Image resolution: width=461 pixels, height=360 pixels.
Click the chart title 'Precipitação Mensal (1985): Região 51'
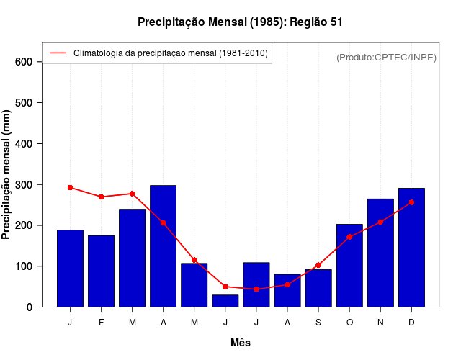coord(241,22)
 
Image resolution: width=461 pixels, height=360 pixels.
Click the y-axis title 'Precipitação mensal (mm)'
coord(7,174)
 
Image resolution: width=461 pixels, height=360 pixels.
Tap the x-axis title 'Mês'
coord(241,343)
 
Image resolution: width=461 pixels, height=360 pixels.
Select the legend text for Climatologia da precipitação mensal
coord(170,53)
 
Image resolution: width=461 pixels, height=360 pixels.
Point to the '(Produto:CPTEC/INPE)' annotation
coord(387,57)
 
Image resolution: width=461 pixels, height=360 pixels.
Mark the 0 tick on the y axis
coord(29,307)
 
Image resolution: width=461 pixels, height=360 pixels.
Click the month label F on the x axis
coord(102,323)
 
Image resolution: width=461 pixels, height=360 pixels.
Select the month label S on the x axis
coord(318,323)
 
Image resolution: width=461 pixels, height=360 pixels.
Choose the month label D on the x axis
coord(411,323)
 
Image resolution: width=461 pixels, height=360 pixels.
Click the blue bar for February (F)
coord(102,271)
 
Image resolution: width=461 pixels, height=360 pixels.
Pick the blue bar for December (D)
coord(411,248)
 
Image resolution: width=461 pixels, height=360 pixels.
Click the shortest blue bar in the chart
coord(225,301)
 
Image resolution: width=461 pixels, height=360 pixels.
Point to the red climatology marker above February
coord(102,197)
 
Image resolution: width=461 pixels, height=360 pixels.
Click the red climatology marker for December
coord(411,202)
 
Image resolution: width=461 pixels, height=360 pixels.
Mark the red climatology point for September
coord(318,265)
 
